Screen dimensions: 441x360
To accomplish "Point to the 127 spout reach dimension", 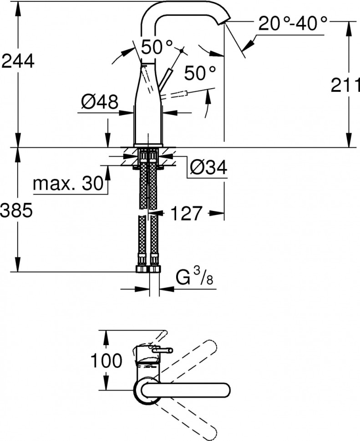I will click(186, 213).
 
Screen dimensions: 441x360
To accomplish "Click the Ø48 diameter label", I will click(99, 102).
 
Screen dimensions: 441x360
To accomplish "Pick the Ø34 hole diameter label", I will click(208, 168).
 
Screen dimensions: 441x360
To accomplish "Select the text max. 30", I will click(68, 184).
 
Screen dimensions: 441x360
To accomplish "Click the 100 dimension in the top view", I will click(106, 361).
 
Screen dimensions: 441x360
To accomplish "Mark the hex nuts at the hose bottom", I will click(148, 268).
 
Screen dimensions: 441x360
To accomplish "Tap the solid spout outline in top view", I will click(191, 391).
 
